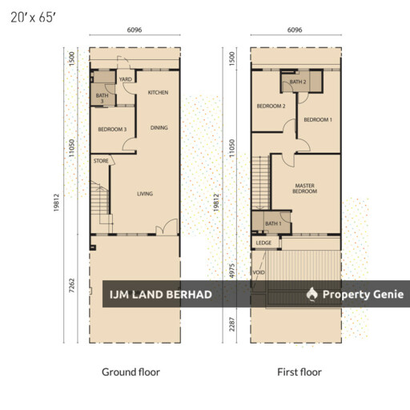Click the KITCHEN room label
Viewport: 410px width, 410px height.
pos(158,93)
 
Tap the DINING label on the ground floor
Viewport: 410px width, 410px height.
pos(159,128)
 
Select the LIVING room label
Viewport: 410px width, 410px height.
pos(145,194)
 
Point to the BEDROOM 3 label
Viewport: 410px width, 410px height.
pos(112,130)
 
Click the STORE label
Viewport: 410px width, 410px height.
pos(101,161)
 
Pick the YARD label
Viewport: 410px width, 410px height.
pos(126,79)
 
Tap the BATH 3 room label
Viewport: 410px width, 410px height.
pos(102,98)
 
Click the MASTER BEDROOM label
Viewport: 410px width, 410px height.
pos(305,188)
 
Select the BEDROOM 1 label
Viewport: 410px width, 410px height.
pos(318,120)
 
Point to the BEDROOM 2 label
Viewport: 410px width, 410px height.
pos(271,107)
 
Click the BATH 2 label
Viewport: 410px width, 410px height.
pos(298,82)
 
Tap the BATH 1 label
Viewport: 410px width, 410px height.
pos(273,223)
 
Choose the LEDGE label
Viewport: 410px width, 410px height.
pos(263,243)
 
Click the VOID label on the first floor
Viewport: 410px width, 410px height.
pos(259,272)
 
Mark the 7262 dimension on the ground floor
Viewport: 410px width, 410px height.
pos(71,286)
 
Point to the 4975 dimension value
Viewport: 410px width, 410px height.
pos(231,271)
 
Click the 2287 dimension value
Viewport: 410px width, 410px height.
pos(231,324)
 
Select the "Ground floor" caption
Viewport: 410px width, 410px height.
pos(131,372)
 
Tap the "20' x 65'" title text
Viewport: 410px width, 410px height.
pos(33,18)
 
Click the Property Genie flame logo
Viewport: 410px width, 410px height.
pos(312,294)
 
